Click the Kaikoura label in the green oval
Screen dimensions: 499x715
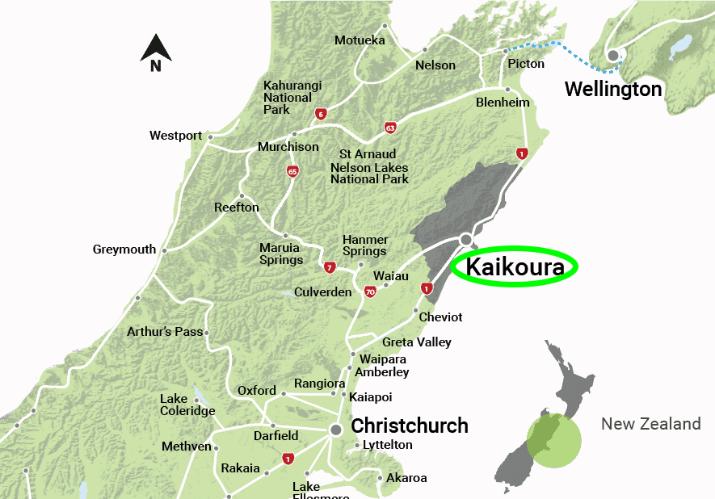coord(513,266)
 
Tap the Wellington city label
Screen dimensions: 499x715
coord(613,89)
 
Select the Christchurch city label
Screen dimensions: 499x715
coord(410,426)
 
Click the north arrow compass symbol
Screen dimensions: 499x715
coord(156,52)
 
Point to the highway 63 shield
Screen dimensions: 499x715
coord(390,128)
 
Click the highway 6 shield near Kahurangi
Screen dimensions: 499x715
coord(322,114)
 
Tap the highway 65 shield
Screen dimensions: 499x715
coord(292,171)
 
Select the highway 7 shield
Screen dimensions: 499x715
coord(329,267)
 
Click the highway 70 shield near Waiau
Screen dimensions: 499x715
coord(370,291)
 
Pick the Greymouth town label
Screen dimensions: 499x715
coord(124,249)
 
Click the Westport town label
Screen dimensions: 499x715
coord(175,136)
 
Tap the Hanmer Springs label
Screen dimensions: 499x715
coord(365,245)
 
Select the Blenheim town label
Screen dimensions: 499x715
coord(503,103)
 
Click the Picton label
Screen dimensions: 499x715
coord(526,64)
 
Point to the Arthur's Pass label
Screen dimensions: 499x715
coord(165,332)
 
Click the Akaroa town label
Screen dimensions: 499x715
coord(406,478)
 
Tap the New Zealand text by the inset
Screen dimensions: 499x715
coord(650,424)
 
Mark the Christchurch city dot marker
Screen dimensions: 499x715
coord(336,430)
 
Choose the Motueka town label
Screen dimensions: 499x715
coord(360,40)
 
